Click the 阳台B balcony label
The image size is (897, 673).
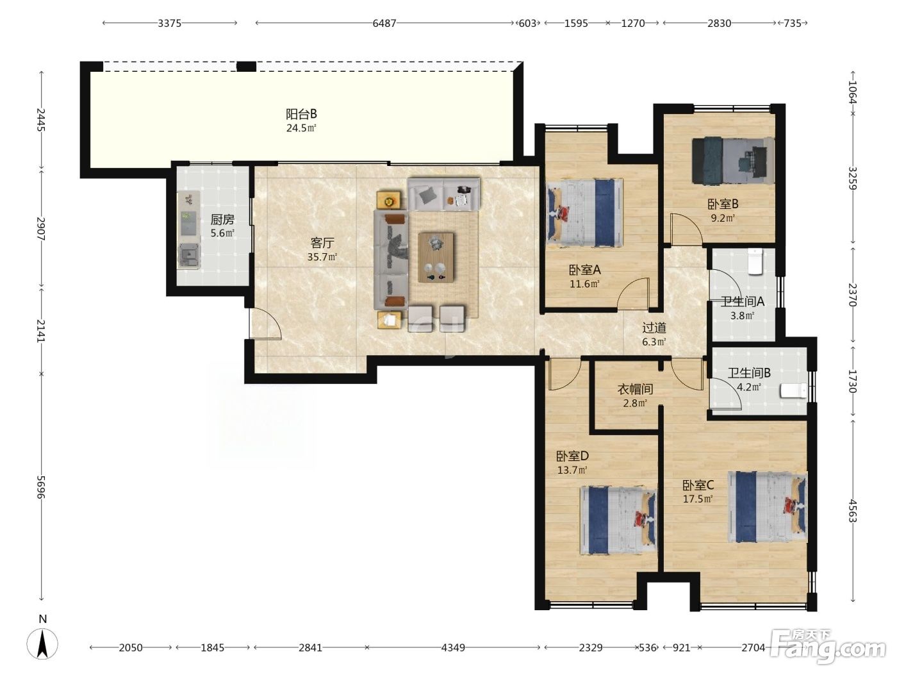301,113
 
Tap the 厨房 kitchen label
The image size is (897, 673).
222,219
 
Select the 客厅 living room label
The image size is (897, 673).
322,243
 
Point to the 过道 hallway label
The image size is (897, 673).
654,328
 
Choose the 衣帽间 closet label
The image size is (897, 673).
635,389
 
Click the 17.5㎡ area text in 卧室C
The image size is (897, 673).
698,499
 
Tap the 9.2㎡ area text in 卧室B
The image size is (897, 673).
723,218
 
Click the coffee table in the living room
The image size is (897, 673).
436,258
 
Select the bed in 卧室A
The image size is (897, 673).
585,213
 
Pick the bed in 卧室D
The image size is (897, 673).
618,520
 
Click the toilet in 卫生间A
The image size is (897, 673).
755,261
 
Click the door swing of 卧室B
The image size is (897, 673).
686,229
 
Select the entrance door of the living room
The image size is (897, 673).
265,323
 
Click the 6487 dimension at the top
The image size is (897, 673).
384,23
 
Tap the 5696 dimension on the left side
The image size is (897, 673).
41,487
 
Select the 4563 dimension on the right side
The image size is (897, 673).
852,511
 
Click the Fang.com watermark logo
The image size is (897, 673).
828,649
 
